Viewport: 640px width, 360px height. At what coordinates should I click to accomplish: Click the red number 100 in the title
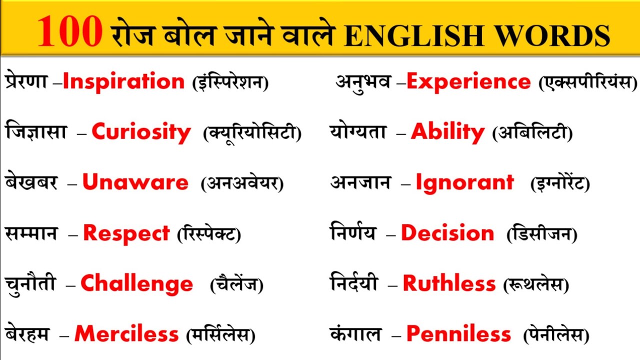tap(69, 31)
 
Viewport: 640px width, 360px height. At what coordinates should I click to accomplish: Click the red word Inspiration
tap(123, 82)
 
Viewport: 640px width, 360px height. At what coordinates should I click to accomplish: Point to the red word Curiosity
tap(141, 132)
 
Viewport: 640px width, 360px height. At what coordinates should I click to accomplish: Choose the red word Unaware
tap(135, 182)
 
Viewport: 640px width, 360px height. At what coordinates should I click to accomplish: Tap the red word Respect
tap(126, 233)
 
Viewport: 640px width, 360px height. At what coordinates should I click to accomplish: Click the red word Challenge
tap(136, 284)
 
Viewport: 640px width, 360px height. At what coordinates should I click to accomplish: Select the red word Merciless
tap(126, 334)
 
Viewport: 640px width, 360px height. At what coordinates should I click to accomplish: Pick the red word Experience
tap(468, 82)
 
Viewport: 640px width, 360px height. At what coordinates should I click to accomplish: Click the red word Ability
tap(447, 132)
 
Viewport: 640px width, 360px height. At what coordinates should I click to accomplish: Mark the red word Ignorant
tap(464, 182)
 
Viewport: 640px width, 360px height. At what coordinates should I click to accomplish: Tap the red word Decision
tap(447, 233)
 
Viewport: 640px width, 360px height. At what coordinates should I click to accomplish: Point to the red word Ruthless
tap(449, 284)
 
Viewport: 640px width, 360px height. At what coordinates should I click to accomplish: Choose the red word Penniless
tap(458, 334)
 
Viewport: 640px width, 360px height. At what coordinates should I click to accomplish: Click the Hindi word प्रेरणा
tap(26, 82)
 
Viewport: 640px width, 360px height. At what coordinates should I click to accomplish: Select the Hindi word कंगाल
tap(355, 334)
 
